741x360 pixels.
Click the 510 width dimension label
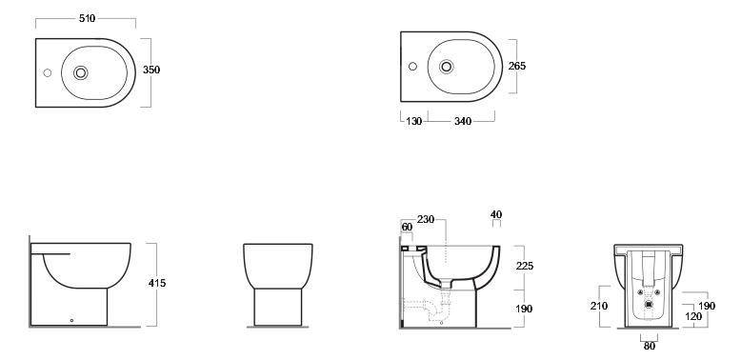87,18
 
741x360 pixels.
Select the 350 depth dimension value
151,70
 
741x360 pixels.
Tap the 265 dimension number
517,66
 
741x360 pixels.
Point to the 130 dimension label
414,121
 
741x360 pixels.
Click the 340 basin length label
463,121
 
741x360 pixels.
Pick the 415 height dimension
157,283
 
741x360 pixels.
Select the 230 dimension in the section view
426,220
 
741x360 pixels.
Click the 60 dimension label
407,228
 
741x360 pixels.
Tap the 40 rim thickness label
496,215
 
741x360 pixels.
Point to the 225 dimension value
525,266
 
